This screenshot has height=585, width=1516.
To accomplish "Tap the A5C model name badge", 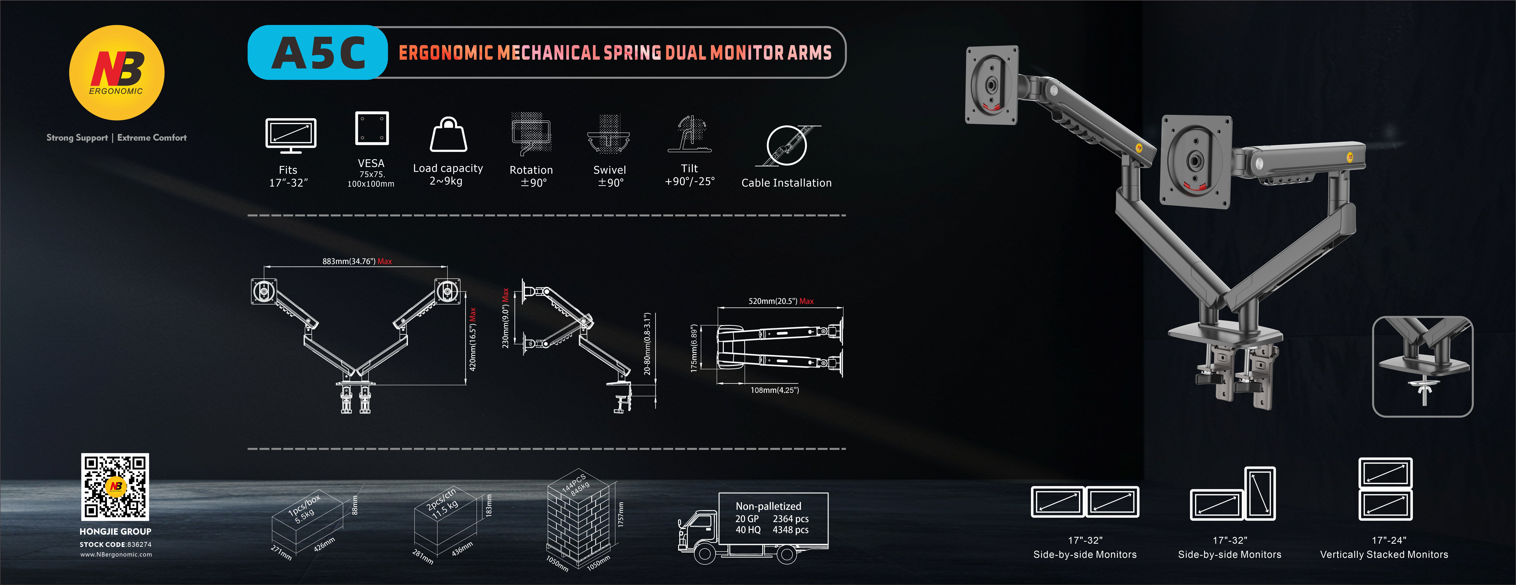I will [318, 52].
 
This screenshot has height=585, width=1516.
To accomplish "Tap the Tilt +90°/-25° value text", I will [689, 182].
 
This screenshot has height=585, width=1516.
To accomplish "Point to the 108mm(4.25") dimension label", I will [774, 390].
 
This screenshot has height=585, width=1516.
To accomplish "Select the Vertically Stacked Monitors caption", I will [1384, 554].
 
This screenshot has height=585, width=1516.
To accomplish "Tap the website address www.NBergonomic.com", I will [116, 554].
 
